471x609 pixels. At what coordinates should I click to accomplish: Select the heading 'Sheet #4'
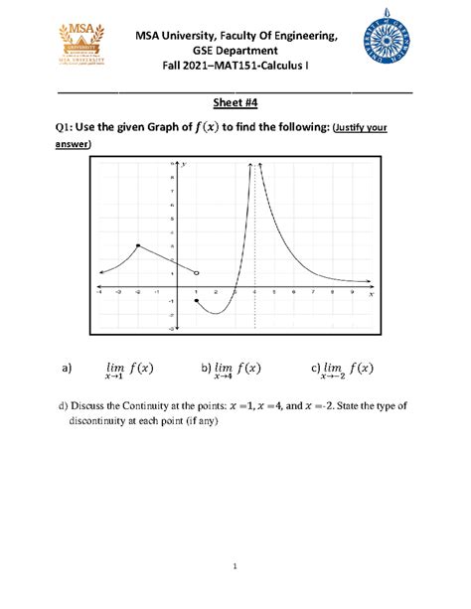pyautogui.click(x=235, y=103)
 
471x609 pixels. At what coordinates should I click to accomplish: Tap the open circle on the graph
pyautogui.click(x=197, y=272)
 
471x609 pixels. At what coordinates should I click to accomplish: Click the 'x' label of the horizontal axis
pyautogui.click(x=370, y=294)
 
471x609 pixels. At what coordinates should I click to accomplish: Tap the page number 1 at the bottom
pyautogui.click(x=235, y=566)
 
